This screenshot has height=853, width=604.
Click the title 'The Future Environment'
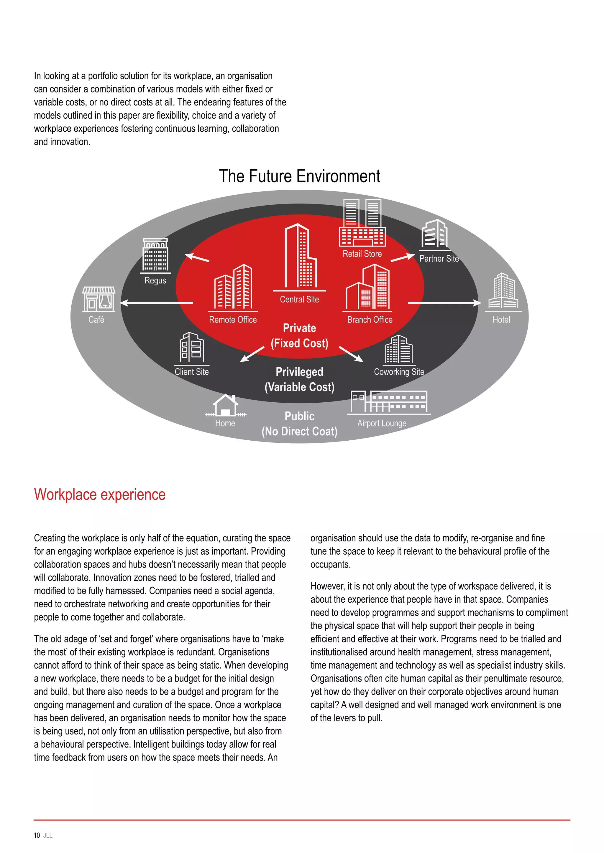click(299, 176)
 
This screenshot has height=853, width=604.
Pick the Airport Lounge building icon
click(389, 402)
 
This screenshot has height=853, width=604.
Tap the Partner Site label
click(439, 259)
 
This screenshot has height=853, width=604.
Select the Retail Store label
click(362, 254)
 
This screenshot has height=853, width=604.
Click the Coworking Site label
click(399, 372)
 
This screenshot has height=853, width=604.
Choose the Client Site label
click(191, 372)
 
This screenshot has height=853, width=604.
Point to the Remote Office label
click(233, 320)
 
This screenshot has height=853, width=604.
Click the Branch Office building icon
click(368, 287)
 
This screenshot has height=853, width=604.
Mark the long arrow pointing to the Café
click(156, 303)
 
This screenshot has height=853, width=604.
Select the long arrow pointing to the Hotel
click(444, 303)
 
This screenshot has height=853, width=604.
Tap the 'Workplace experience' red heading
click(100, 495)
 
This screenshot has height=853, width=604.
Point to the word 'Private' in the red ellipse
click(299, 328)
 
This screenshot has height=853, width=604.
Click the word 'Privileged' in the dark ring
click(299, 372)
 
